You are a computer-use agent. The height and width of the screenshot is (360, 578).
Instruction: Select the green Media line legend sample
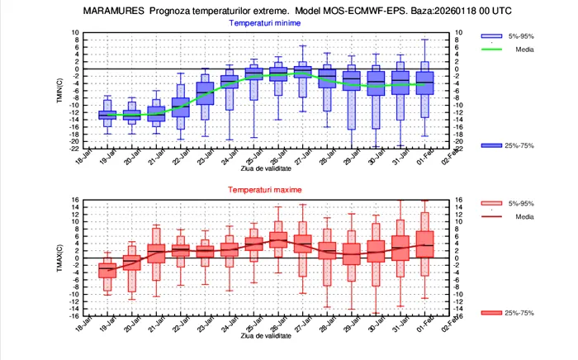pyautogui.click(x=494, y=49)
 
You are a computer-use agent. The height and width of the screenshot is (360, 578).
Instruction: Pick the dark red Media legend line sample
pyautogui.click(x=494, y=217)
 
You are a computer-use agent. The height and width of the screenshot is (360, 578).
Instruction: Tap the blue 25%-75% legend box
pyautogui.click(x=494, y=145)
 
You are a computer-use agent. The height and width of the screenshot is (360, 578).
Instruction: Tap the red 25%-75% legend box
pyautogui.click(x=494, y=313)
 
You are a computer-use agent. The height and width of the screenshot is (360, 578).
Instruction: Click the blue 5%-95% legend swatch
pyautogui.click(x=494, y=36)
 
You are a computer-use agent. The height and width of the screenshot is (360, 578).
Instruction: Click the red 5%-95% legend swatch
pyautogui.click(x=494, y=204)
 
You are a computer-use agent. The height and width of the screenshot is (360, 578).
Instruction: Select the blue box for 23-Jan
pyautogui.click(x=205, y=93)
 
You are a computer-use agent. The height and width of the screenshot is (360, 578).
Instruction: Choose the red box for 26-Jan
pyautogui.click(x=278, y=239)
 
